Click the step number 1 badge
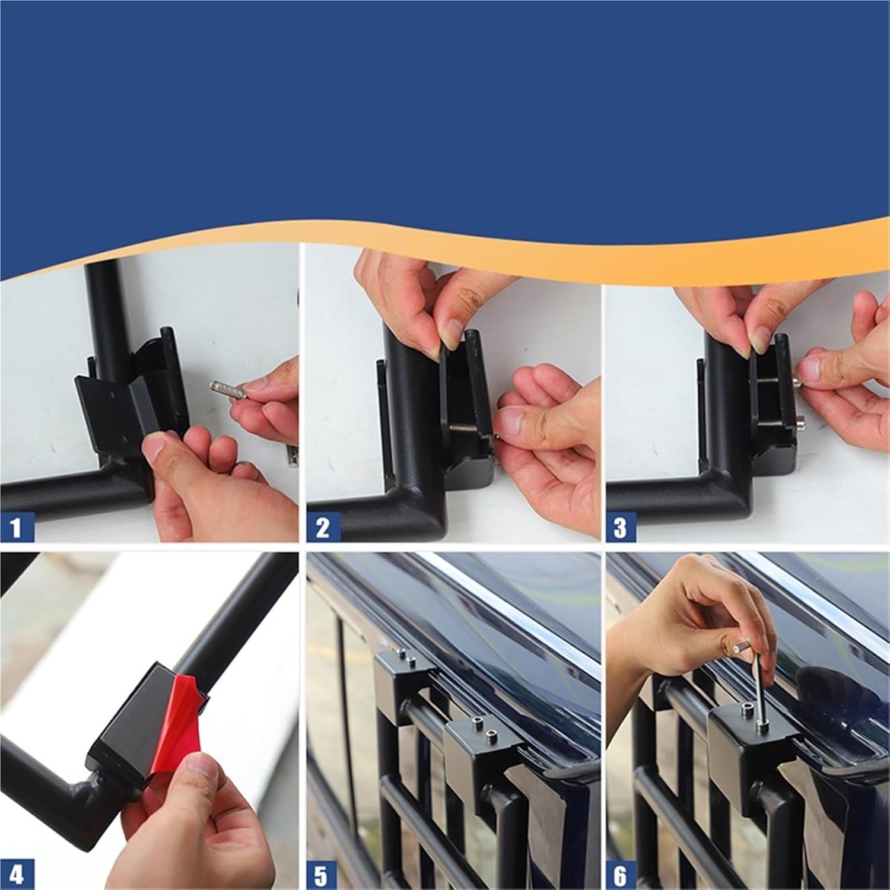pos(15,527)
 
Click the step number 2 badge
pos(322,527)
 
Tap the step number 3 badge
pos(620,527)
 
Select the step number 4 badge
pos(17,875)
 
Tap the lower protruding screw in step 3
pos(802,423)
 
